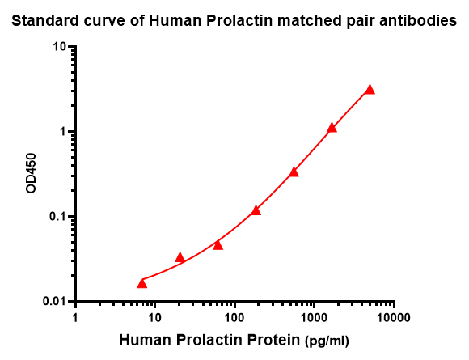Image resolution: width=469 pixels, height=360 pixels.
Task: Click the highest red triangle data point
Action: point(370,90)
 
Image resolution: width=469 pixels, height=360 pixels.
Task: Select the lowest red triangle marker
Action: point(142,283)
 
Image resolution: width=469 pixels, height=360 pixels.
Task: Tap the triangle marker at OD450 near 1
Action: point(332,128)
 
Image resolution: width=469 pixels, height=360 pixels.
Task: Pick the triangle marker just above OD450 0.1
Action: point(256,210)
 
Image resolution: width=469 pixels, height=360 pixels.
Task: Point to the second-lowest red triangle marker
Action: point(180,257)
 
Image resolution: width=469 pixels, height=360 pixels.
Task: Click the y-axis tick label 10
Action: point(59,47)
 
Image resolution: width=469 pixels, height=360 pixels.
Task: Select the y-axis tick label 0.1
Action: point(57,216)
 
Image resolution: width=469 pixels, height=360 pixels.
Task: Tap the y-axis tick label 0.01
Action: point(54,301)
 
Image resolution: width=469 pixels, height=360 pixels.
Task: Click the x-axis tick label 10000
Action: point(394,317)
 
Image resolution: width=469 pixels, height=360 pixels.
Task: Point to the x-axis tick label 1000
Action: point(314,317)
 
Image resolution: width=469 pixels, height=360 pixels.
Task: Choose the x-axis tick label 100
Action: point(234,317)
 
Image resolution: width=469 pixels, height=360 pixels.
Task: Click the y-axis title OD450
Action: point(31,173)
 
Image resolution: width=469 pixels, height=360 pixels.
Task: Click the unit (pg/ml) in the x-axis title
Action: point(327,341)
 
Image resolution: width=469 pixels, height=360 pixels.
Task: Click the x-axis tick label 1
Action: point(75,317)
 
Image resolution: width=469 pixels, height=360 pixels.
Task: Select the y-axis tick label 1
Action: point(63,132)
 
